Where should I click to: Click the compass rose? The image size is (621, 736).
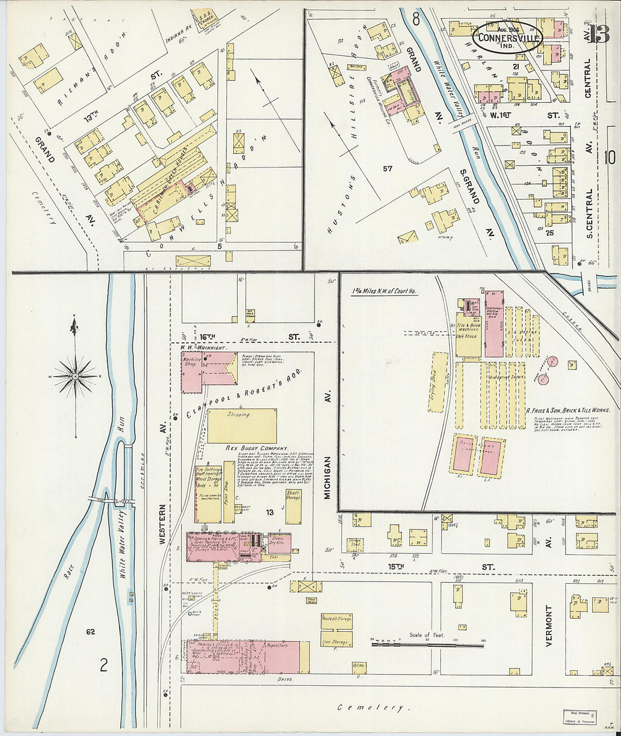(x=75, y=374)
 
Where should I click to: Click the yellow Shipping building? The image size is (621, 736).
(x=242, y=425)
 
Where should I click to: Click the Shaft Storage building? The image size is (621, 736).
(x=293, y=506)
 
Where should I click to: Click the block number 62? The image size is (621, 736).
(x=91, y=631)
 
